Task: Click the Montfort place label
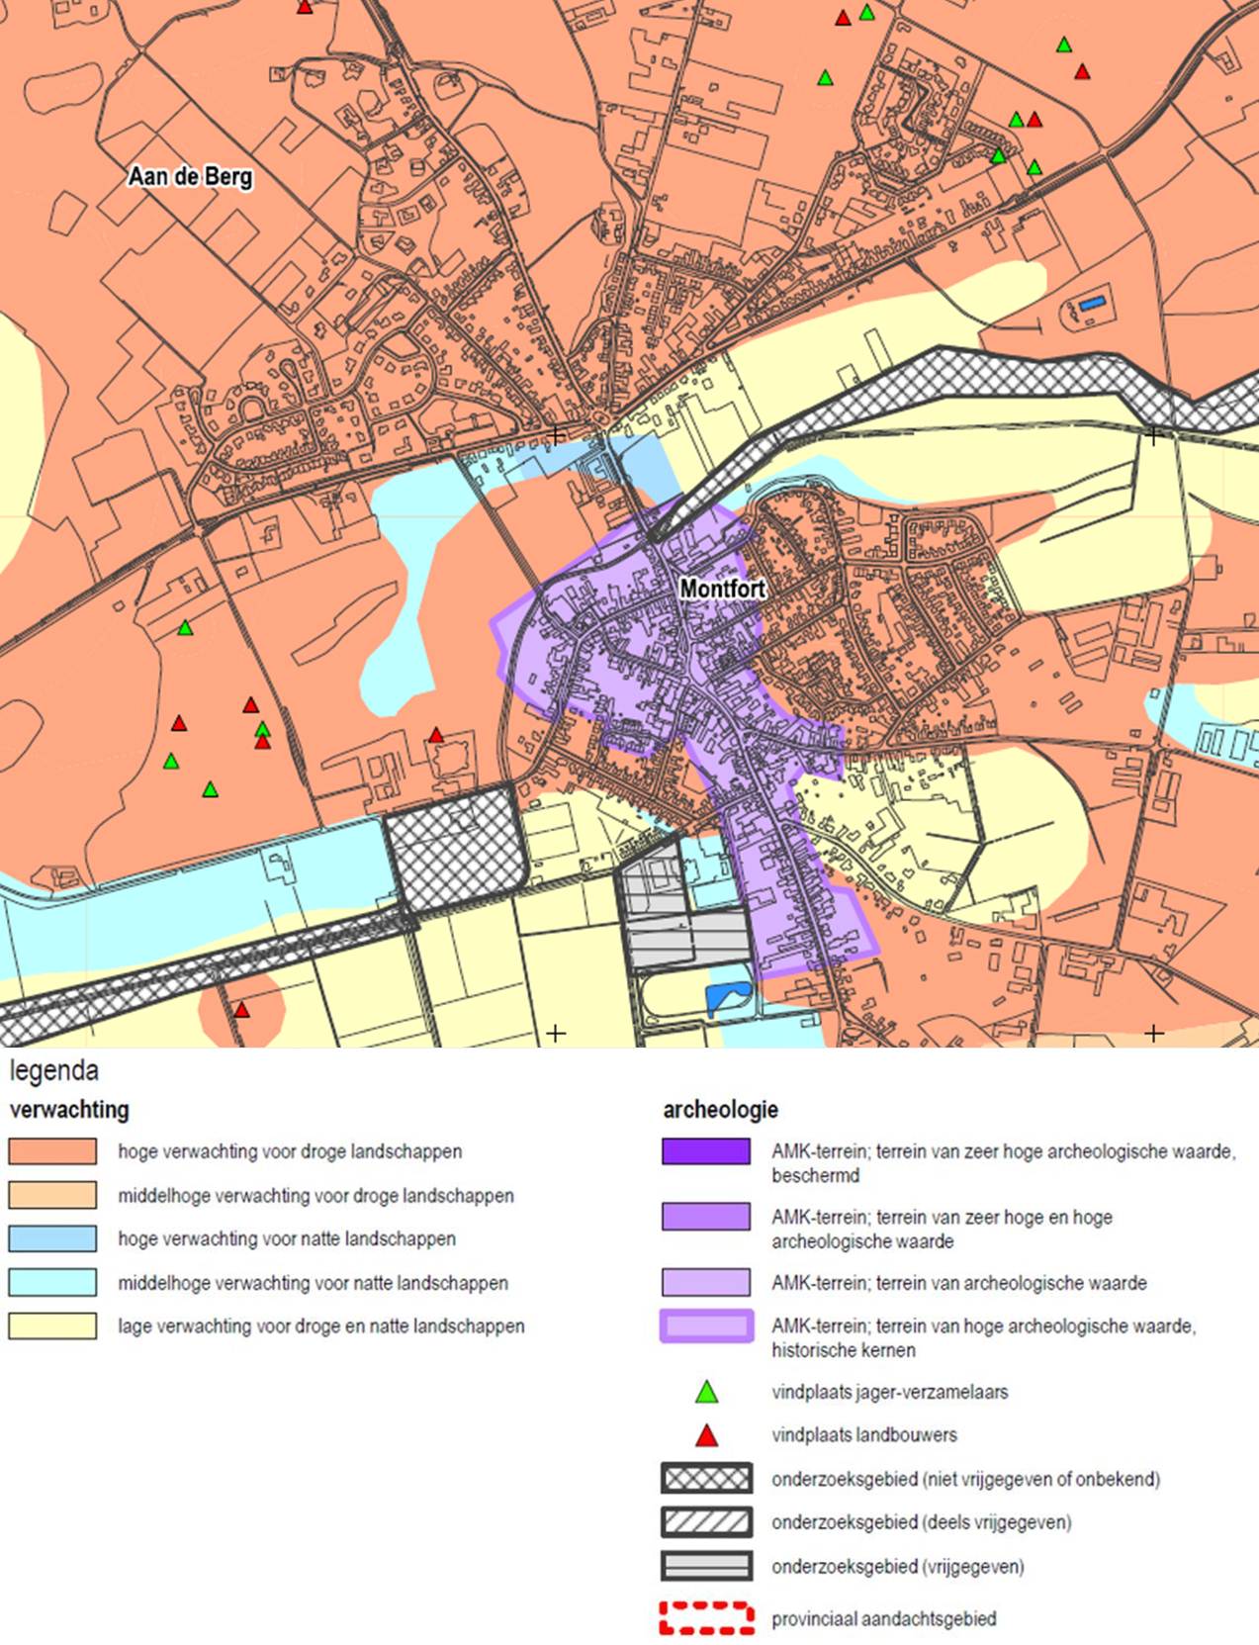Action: (722, 589)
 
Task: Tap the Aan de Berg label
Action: (190, 177)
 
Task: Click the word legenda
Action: (54, 1070)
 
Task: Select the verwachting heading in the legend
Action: (69, 1109)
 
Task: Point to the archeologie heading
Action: (720, 1109)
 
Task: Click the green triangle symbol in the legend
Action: (706, 1393)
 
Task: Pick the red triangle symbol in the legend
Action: (706, 1435)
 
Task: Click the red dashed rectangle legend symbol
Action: (706, 1618)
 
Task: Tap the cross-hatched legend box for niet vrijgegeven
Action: (706, 1479)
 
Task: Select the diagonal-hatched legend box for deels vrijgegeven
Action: (706, 1522)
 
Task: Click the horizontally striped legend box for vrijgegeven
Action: (706, 1566)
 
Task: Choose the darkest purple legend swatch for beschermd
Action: (706, 1151)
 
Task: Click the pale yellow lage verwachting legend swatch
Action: (53, 1325)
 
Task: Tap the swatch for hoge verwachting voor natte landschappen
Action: (53, 1238)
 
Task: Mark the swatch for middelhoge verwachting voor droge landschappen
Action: (53, 1195)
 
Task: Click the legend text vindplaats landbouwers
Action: (863, 1435)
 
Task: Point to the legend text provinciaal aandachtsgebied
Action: (883, 1619)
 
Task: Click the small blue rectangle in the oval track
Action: (1092, 304)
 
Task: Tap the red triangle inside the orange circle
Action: (241, 1010)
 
